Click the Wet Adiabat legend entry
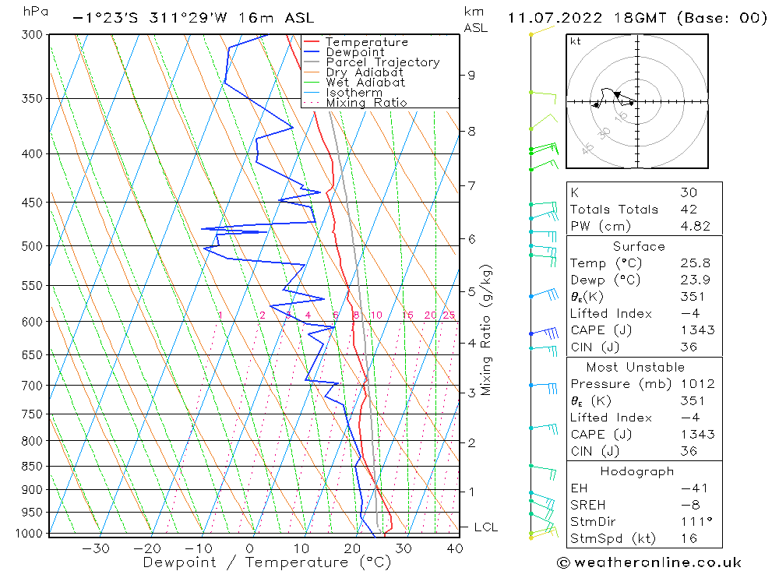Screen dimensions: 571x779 coord(365,83)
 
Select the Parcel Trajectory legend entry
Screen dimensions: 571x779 coord(382,62)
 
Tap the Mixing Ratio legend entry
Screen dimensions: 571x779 coord(366,103)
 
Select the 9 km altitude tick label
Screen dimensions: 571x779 coord(471,75)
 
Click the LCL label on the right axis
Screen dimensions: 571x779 coord(485,527)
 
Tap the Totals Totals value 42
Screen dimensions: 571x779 coord(688,210)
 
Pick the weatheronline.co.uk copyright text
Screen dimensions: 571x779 coord(650,562)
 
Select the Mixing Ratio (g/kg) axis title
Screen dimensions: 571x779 coord(487,330)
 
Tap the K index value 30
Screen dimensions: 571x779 coord(688,192)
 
